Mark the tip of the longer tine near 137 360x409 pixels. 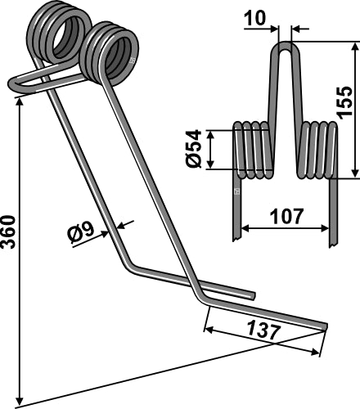click(x=324, y=327)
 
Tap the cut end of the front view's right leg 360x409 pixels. click(x=333, y=244)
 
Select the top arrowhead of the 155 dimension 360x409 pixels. click(x=354, y=47)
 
